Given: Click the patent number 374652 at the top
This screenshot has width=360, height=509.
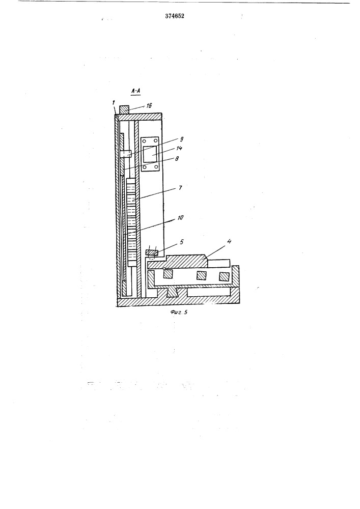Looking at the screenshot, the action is pyautogui.click(x=174, y=16).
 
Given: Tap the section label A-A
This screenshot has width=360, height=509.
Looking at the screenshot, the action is pyautogui.click(x=135, y=92).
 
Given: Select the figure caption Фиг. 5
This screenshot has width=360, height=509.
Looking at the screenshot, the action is pyautogui.click(x=179, y=313).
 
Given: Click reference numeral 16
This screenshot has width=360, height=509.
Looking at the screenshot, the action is pyautogui.click(x=149, y=105).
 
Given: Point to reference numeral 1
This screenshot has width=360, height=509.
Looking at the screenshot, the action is pyautogui.click(x=114, y=103).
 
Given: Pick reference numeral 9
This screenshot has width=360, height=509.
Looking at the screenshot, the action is pyautogui.click(x=182, y=139).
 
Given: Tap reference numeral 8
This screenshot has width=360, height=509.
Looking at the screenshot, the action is pyautogui.click(x=177, y=159).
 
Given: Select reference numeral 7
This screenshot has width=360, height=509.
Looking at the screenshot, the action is pyautogui.click(x=180, y=188).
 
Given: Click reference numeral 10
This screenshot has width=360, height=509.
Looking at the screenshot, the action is pyautogui.click(x=180, y=218).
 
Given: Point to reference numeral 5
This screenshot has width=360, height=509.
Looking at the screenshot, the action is pyautogui.click(x=181, y=242).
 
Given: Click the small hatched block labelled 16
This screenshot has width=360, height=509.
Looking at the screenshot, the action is pyautogui.click(x=125, y=109).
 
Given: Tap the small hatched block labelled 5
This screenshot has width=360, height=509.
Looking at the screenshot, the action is pyautogui.click(x=152, y=252).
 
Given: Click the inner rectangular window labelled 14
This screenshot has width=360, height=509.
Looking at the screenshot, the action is pyautogui.click(x=150, y=154).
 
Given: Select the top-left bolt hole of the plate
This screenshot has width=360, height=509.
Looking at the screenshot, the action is pyautogui.click(x=143, y=141).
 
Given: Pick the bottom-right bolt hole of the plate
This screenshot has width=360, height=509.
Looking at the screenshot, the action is pyautogui.click(x=156, y=166).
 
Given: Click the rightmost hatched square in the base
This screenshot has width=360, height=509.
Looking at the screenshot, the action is pyautogui.click(x=224, y=276).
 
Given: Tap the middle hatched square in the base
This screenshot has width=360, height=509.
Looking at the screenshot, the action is pyautogui.click(x=201, y=275).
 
